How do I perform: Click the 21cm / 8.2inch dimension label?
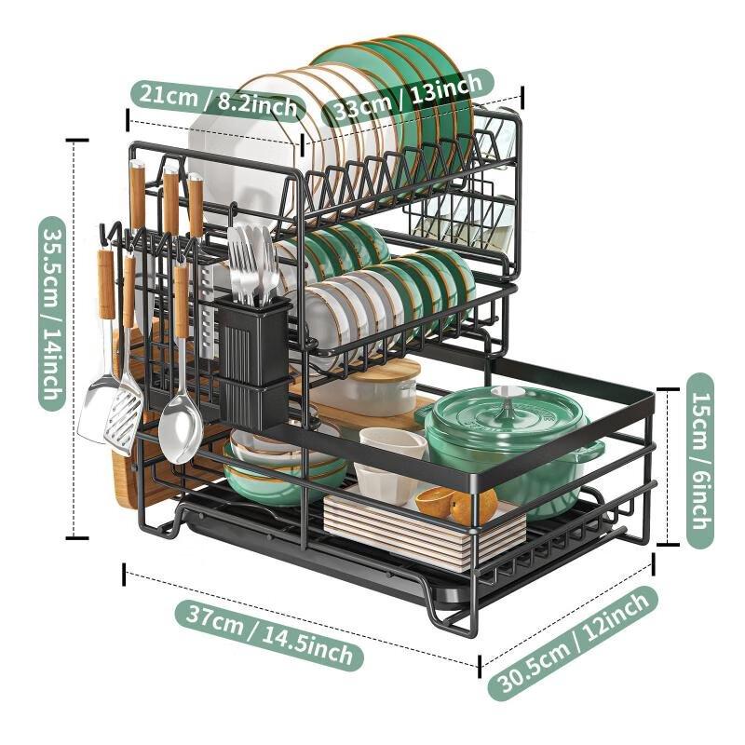[x=217, y=96]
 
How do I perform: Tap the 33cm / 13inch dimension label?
[x=407, y=96]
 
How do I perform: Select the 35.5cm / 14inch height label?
[x=52, y=313]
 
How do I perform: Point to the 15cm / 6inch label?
[x=699, y=461]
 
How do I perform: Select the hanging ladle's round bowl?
[x=180, y=429]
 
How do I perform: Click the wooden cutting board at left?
[x=126, y=466]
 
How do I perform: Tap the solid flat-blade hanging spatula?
[x=96, y=410]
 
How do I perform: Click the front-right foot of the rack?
[x=447, y=619]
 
